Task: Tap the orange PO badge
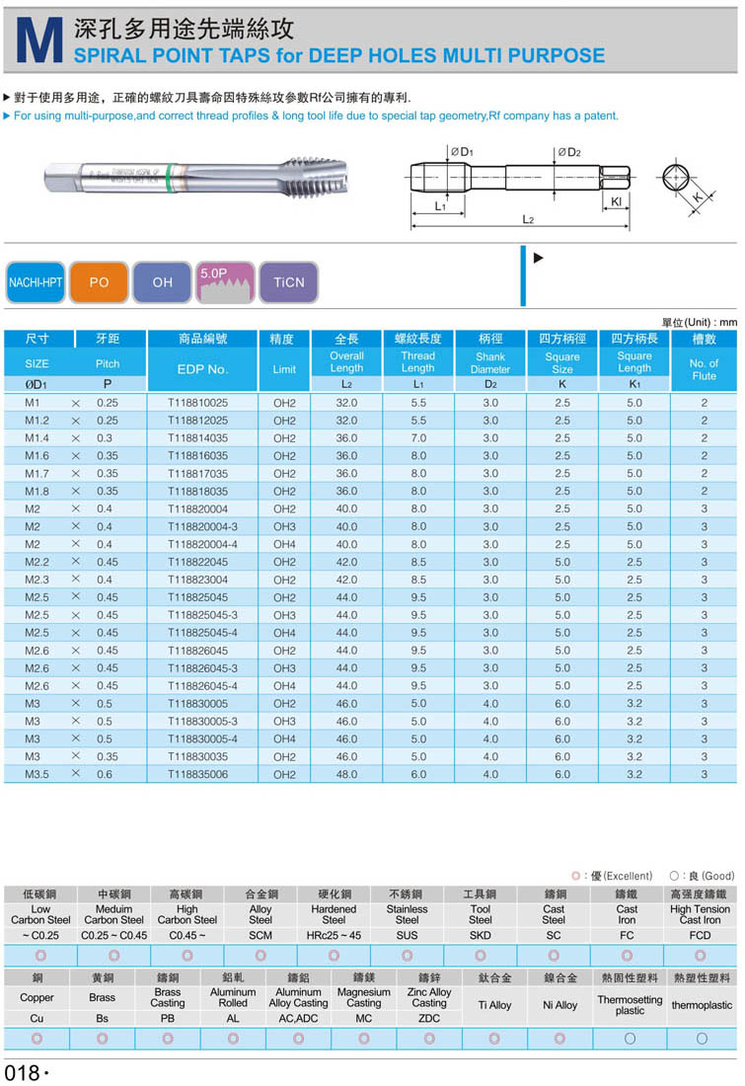coord(99,282)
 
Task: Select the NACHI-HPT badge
coord(36,282)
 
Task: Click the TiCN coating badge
coord(288,282)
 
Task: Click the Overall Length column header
coord(346,362)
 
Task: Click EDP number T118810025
coord(197,403)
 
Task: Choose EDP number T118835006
coord(197,774)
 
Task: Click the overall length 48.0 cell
coord(346,774)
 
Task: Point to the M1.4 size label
coord(37,438)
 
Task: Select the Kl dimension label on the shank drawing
coord(616,200)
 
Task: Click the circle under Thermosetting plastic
coord(629,1039)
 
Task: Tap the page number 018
coord(23,1072)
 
